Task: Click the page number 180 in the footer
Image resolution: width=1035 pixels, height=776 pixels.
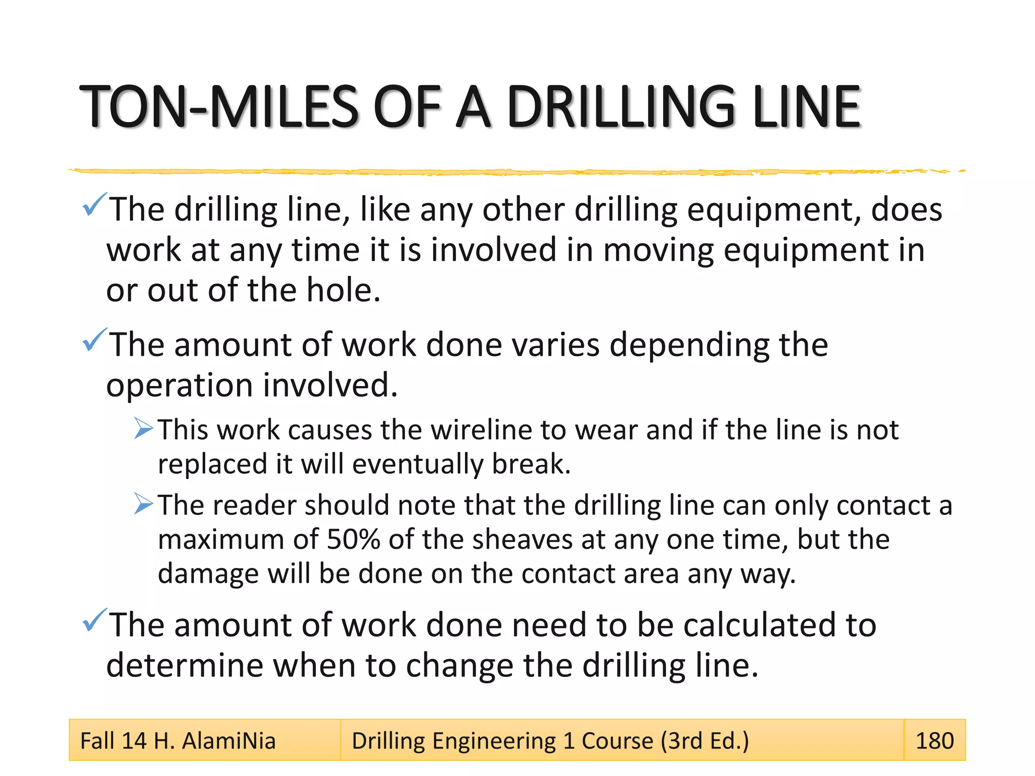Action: pos(934,741)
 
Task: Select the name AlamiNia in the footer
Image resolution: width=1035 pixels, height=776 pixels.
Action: pos(228,741)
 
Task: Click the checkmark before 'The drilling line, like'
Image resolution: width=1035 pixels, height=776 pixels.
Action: pos(94,205)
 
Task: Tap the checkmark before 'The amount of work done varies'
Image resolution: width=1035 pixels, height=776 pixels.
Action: pos(94,339)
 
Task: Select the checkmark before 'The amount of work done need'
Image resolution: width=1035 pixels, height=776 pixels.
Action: pos(94,620)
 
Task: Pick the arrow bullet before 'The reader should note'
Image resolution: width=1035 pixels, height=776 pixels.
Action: pos(144,504)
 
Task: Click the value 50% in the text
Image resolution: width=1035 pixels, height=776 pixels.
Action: pos(353,539)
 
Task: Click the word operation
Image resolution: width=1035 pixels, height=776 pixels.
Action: pos(179,385)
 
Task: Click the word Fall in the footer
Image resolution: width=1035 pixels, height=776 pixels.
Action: pos(97,741)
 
